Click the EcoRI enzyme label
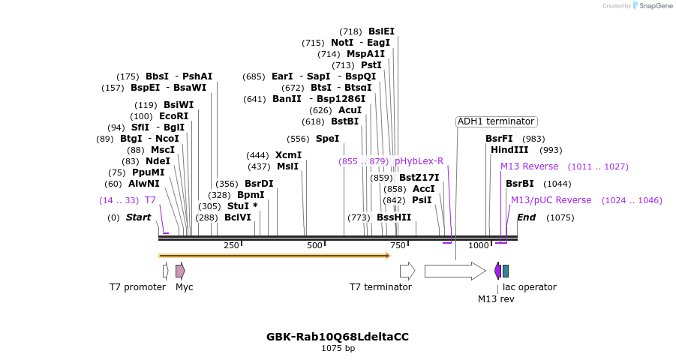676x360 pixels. pos(173,116)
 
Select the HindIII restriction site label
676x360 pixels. pos(509,150)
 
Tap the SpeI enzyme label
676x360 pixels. pos(326,139)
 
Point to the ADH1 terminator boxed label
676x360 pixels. pos(496,121)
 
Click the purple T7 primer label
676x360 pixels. pos(150,200)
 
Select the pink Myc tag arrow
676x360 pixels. pos(180,271)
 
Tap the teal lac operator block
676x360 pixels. pos(506,271)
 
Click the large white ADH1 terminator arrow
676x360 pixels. pos(455,271)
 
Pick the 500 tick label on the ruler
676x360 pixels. pos(314,245)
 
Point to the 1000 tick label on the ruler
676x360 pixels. pos(479,245)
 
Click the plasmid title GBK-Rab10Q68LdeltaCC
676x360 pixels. pos(338,337)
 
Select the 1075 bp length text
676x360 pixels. pos(338,348)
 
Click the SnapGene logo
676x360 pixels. pos(652,6)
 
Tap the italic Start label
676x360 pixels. pos(138,217)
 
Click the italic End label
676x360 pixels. pos(526,217)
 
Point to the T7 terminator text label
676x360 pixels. pos(380,287)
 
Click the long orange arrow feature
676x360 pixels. pos(274,256)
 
